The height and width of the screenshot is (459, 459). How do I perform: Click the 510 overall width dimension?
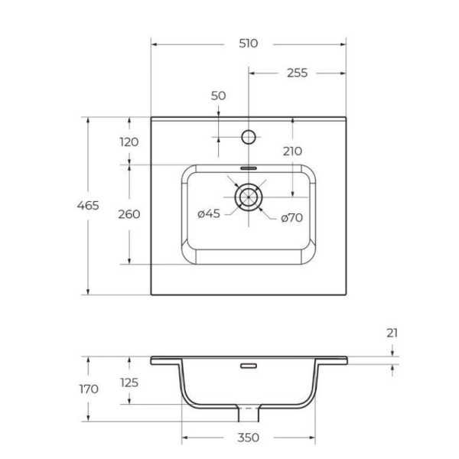[x=248, y=44]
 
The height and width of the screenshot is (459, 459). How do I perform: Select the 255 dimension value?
[x=297, y=73]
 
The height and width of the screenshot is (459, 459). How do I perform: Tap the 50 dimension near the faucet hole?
[x=218, y=96]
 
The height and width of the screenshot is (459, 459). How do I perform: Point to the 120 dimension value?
[x=129, y=141]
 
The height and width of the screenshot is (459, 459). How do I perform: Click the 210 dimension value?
[x=292, y=151]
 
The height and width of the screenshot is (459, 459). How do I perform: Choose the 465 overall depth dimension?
[x=88, y=205]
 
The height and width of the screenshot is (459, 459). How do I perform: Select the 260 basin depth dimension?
[x=129, y=214]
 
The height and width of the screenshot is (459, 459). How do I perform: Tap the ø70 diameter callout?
[x=291, y=217]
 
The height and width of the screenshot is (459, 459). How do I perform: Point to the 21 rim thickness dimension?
[x=392, y=333]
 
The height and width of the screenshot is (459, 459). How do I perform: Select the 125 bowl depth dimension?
[x=129, y=382]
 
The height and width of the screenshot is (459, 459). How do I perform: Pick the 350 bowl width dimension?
[x=248, y=438]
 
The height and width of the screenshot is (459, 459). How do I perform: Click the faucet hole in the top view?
[x=248, y=137]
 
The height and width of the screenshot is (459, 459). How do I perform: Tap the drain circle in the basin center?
[x=248, y=197]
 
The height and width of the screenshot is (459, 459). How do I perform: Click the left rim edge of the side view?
[x=153, y=360]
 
